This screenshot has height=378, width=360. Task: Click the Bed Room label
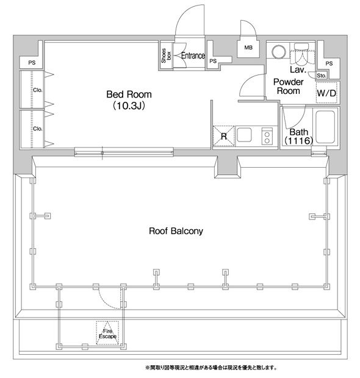coord(129,94)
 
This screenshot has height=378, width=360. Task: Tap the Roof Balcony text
coord(176,231)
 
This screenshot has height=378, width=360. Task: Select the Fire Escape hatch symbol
coord(107,333)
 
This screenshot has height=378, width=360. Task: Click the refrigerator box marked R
coord(224,136)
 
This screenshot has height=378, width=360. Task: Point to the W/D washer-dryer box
coord(326,93)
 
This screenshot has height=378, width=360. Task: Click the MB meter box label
coord(248,48)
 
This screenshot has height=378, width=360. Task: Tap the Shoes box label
coord(166,55)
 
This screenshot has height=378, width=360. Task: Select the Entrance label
coord(193,55)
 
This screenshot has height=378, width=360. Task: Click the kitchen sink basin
coord(244,135)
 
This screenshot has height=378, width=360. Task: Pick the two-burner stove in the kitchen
coord(267,136)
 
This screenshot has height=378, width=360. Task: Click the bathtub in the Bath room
coord(325,127)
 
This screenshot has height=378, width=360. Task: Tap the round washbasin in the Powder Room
coord(279,52)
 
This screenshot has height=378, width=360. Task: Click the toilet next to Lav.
coord(302,54)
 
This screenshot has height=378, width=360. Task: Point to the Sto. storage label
coord(322,76)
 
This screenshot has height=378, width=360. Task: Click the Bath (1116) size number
coord(299,141)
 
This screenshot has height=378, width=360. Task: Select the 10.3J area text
coord(129,106)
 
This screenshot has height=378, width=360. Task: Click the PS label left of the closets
coord(32,63)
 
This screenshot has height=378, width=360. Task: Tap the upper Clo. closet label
coord(38,90)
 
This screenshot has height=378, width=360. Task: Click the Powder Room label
coord(289,87)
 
